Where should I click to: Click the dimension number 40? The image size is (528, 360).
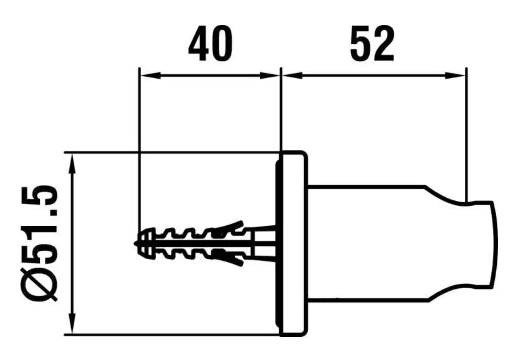[x=211, y=44]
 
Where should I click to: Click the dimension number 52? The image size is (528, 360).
[x=372, y=44]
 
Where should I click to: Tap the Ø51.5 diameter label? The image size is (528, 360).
[x=39, y=243]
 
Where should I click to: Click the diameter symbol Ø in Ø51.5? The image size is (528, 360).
[x=39, y=284]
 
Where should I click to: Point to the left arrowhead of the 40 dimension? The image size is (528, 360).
[x=150, y=76]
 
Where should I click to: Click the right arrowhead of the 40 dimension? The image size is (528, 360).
[x=270, y=76]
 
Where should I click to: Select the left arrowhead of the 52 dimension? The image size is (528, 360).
[x=292, y=76]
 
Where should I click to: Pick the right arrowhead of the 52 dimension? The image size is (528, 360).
[x=456, y=76]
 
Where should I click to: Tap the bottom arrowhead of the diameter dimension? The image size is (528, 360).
[x=72, y=324]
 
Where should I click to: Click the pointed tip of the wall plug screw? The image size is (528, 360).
[x=135, y=243]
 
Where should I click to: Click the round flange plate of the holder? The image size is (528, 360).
[x=293, y=244]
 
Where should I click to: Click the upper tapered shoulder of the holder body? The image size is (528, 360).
[x=445, y=195]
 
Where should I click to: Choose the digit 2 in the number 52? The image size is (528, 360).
[x=383, y=44]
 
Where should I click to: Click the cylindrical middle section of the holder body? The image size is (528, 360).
[x=367, y=243]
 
